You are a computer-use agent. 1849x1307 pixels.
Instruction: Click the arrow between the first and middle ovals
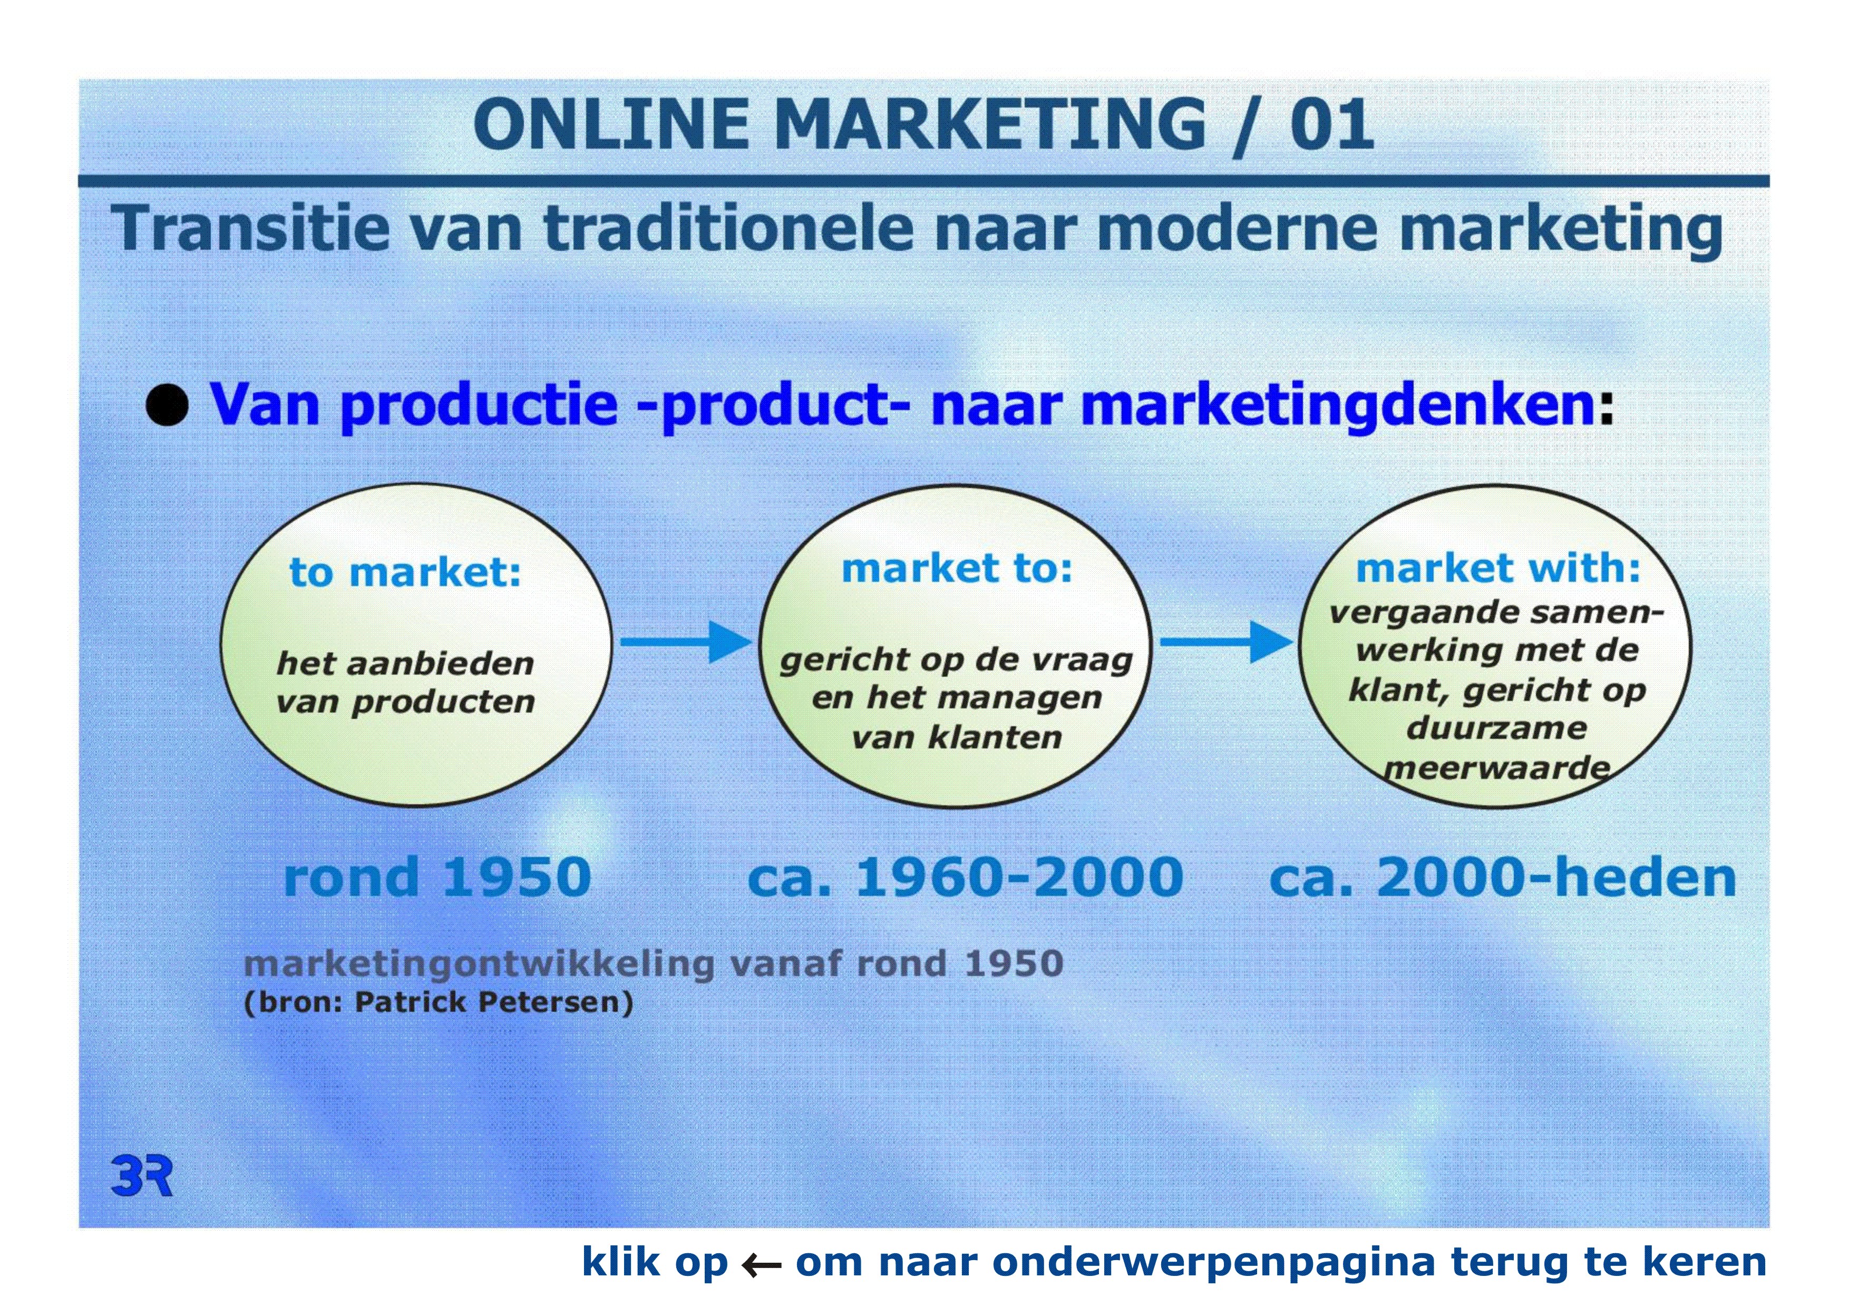coord(686,642)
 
